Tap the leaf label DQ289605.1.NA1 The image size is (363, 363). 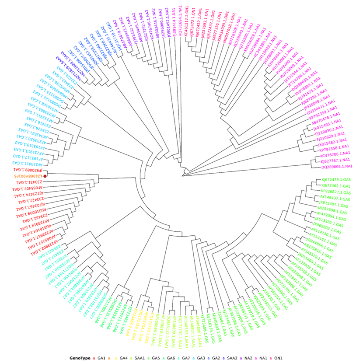coord(337,167)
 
